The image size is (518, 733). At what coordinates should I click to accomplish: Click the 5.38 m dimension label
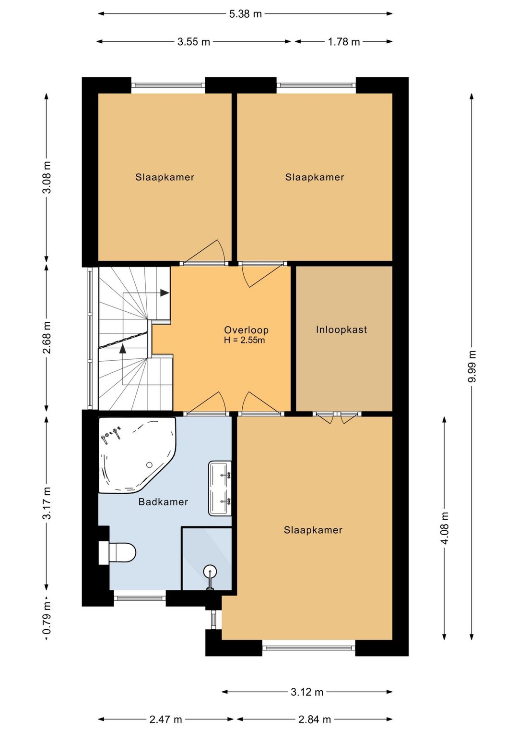(245, 14)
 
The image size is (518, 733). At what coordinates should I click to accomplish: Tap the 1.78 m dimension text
(343, 42)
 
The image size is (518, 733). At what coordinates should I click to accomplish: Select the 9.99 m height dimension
(471, 366)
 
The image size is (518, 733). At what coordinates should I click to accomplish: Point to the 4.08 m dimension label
(445, 527)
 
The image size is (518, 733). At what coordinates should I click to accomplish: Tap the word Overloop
(246, 330)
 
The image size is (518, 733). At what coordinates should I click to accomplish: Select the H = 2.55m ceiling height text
(244, 340)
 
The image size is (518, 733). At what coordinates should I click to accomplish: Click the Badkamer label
(163, 501)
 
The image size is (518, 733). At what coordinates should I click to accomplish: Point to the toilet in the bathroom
(117, 553)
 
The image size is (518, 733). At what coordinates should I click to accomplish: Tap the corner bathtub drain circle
(149, 464)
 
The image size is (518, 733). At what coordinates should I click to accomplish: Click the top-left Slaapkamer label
(165, 177)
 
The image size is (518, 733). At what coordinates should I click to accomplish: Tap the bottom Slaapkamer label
(313, 530)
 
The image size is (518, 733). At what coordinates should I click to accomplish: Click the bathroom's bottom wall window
(140, 598)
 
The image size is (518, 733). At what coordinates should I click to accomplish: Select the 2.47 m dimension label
(165, 719)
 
